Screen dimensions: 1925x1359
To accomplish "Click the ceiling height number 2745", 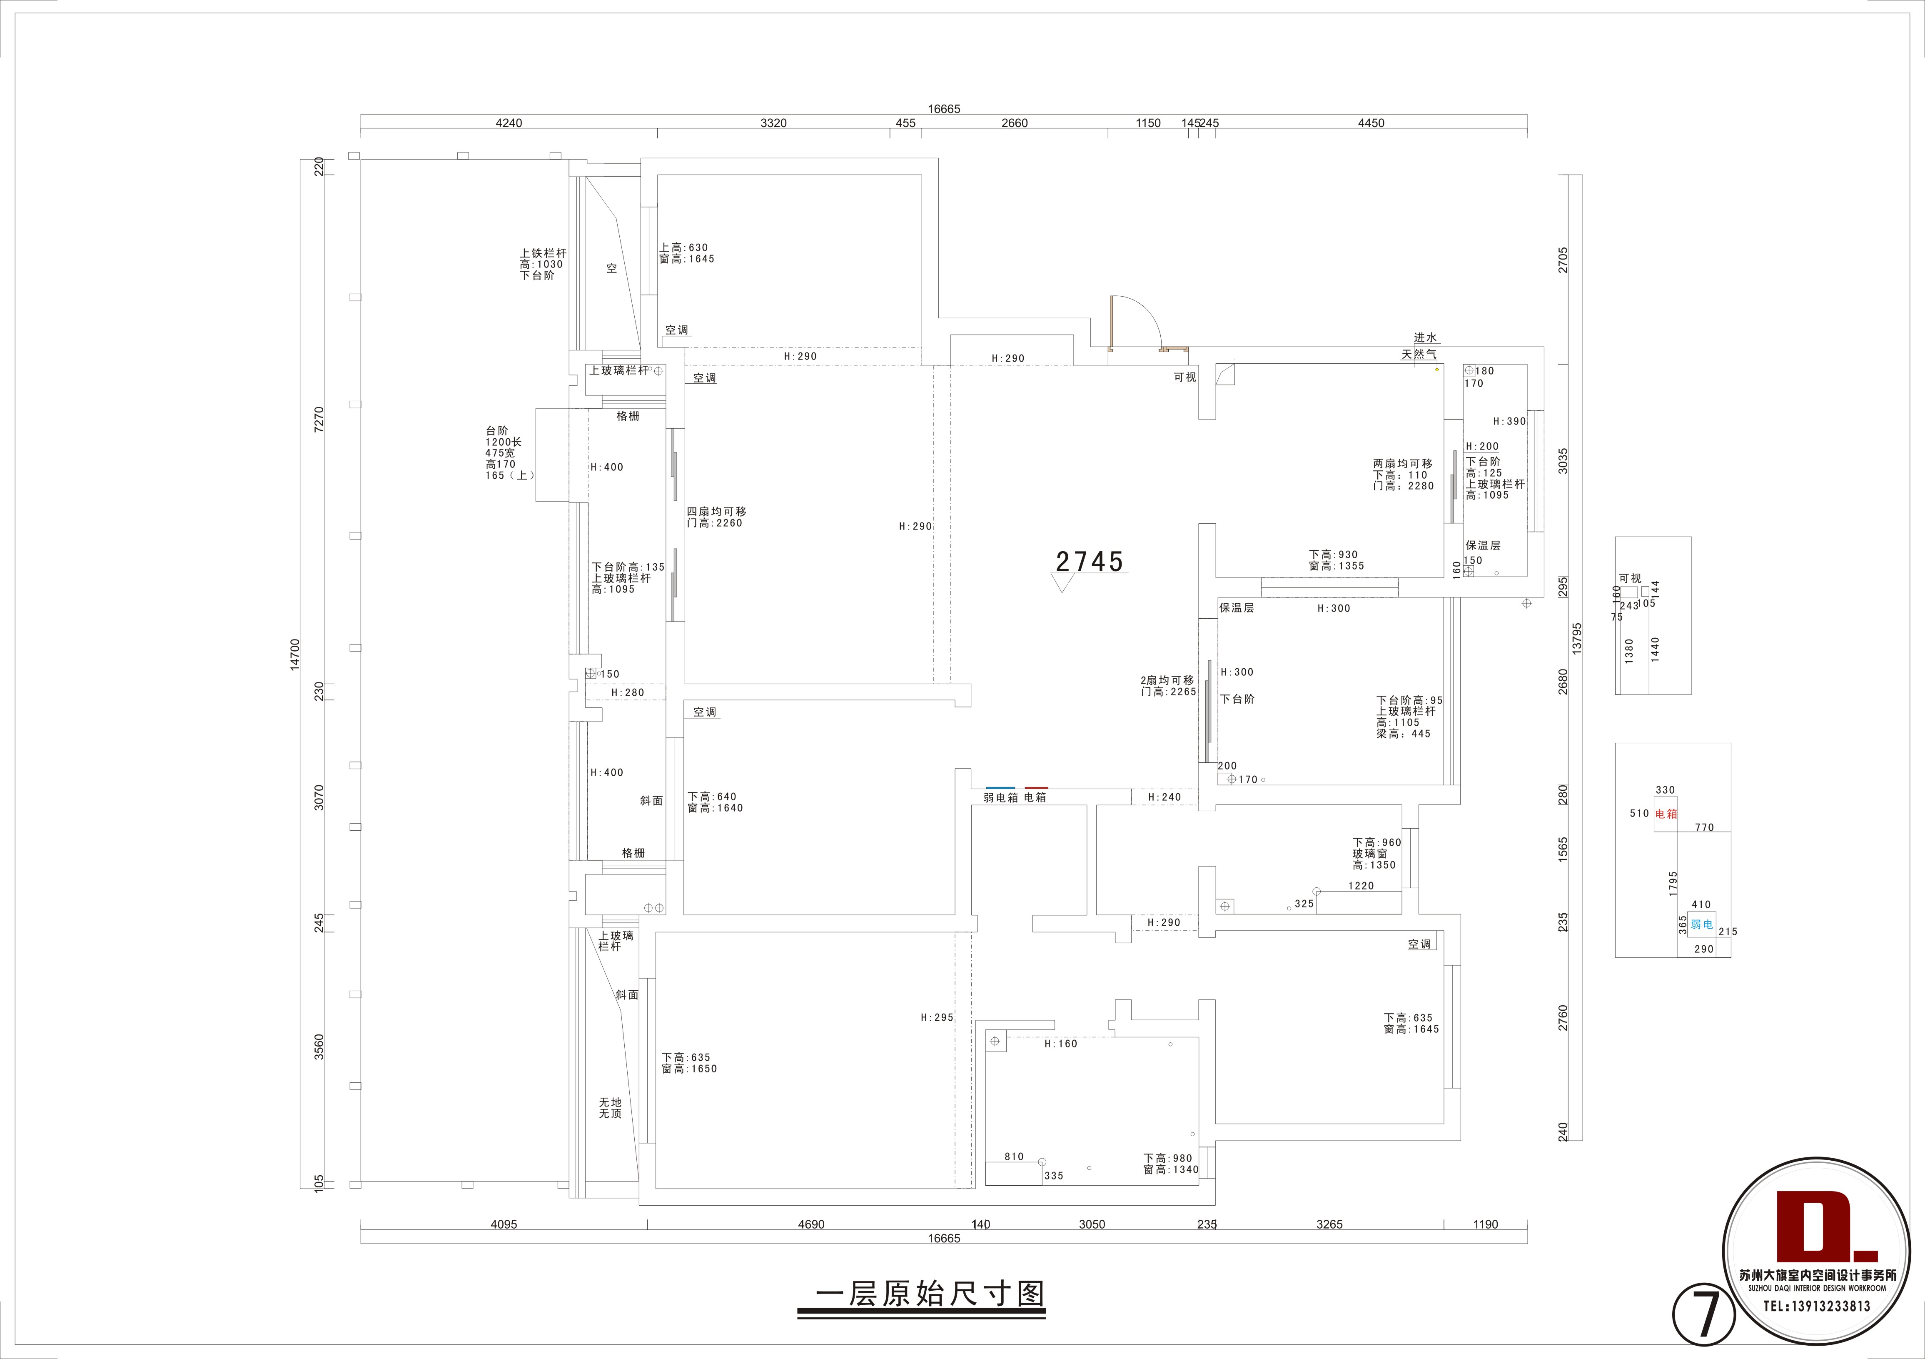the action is point(1089,561).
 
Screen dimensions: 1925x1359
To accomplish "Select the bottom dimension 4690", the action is point(811,1224).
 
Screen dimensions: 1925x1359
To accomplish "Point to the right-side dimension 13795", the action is point(1577,637).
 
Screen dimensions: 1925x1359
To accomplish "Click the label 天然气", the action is point(1419,354).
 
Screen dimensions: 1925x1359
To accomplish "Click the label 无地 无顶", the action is point(611,1108).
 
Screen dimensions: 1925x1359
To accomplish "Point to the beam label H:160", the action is point(1061,1044).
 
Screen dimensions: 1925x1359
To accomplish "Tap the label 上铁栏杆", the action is point(543,253).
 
